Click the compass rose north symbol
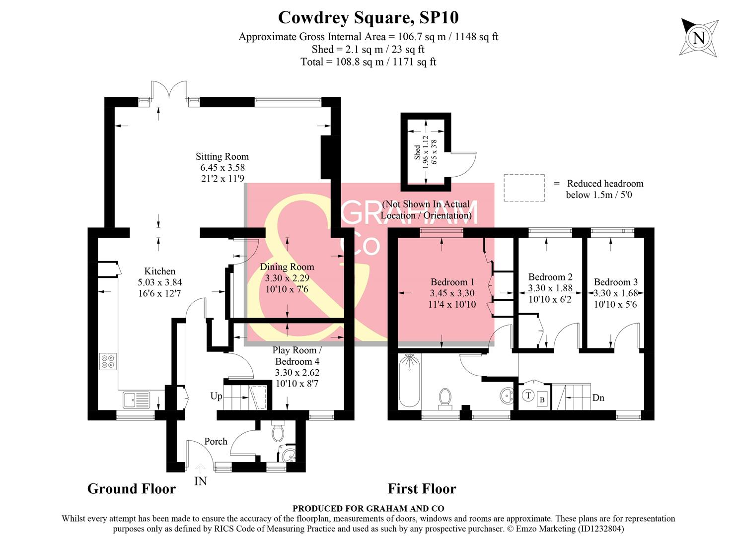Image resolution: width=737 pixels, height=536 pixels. point(699,37)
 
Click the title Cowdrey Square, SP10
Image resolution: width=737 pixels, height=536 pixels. point(368,17)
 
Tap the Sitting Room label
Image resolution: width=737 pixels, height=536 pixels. point(222,157)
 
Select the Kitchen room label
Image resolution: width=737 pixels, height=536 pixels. point(159,271)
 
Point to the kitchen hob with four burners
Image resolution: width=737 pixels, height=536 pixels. point(108,361)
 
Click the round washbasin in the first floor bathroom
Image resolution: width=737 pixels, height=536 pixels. point(506,396)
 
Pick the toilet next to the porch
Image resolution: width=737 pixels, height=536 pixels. point(278,432)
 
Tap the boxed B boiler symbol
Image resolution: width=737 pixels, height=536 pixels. point(542,400)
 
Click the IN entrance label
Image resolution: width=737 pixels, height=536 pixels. point(201,481)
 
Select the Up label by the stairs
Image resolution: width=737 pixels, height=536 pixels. point(216,396)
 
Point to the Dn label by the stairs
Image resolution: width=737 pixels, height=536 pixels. point(598,398)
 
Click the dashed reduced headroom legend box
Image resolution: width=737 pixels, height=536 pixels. point(524,188)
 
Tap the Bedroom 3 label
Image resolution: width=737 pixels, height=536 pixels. point(616,282)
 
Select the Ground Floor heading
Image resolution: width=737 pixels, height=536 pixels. point(132,489)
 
